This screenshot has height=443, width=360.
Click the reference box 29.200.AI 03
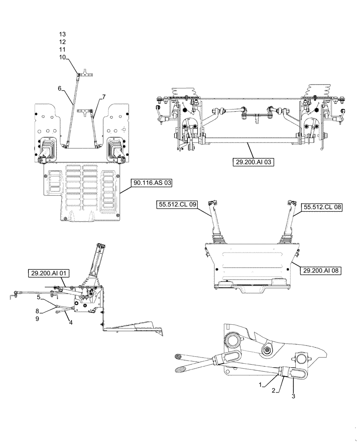pos(253,163)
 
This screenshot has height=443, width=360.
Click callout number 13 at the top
pos(62,34)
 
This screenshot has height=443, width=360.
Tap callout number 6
pos(59,88)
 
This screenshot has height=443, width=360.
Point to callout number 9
pos(38,318)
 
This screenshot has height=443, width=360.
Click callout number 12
pos(62,42)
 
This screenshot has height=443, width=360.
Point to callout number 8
pos(38,311)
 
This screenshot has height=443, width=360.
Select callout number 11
pos(62,50)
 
